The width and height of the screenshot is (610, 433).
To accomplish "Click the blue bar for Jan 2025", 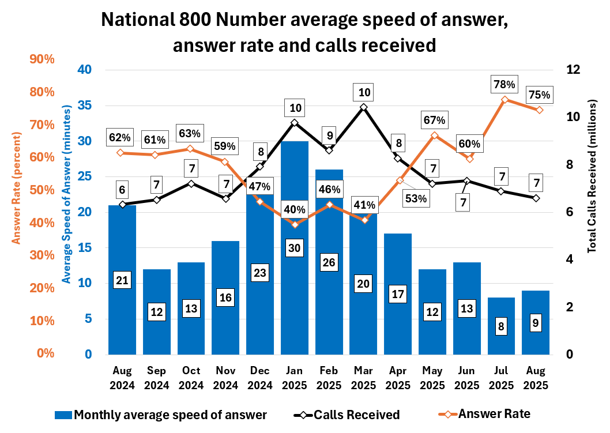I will (295, 300).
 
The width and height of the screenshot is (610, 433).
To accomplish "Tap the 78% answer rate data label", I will (503, 85).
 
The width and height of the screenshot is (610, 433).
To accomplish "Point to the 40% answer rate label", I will (295, 209).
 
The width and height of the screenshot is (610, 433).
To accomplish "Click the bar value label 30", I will (295, 248).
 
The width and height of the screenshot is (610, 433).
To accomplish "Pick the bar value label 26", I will (329, 262).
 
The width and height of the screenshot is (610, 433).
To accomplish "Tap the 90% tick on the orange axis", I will (25, 59).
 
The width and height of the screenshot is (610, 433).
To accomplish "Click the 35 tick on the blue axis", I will (85, 106).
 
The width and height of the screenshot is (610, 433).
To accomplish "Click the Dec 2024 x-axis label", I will (260, 378).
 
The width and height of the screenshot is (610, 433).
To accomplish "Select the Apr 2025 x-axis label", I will (398, 378).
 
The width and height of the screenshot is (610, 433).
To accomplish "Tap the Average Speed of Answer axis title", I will (67, 194).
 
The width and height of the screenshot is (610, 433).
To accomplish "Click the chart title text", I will (304, 32).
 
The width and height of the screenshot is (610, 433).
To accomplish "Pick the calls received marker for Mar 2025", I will (363, 107).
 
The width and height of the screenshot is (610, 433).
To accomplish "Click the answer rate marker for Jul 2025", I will (504, 99).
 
